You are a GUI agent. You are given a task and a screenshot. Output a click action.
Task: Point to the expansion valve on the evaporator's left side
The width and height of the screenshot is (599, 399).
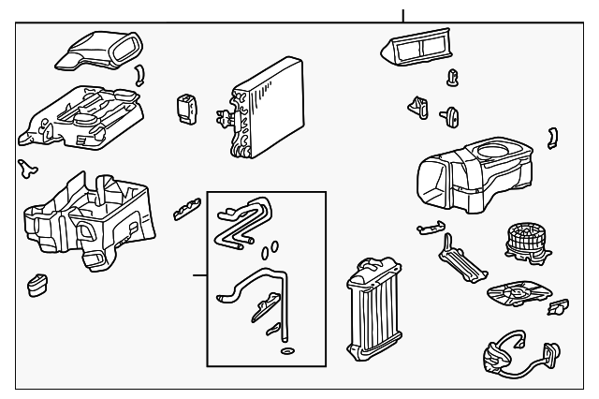point(225,118)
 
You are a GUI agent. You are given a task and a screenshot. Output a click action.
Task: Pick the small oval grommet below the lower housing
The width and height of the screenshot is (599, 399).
point(38,284)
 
